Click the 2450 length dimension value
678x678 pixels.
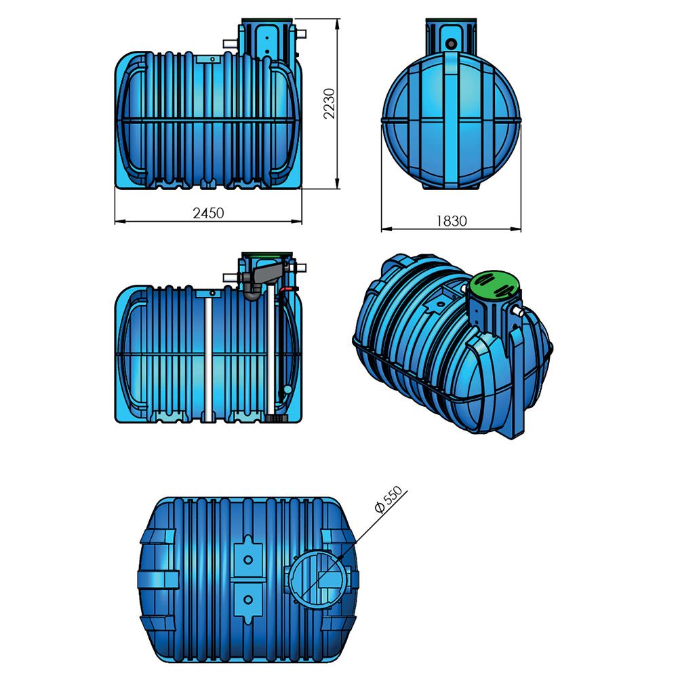(208, 212)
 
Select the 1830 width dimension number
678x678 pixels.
(452, 220)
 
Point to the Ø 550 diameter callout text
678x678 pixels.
(389, 500)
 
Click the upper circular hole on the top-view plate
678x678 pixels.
(248, 559)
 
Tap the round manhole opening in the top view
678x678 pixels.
(318, 580)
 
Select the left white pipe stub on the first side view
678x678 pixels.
(230, 43)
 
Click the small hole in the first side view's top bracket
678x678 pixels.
(212, 60)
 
